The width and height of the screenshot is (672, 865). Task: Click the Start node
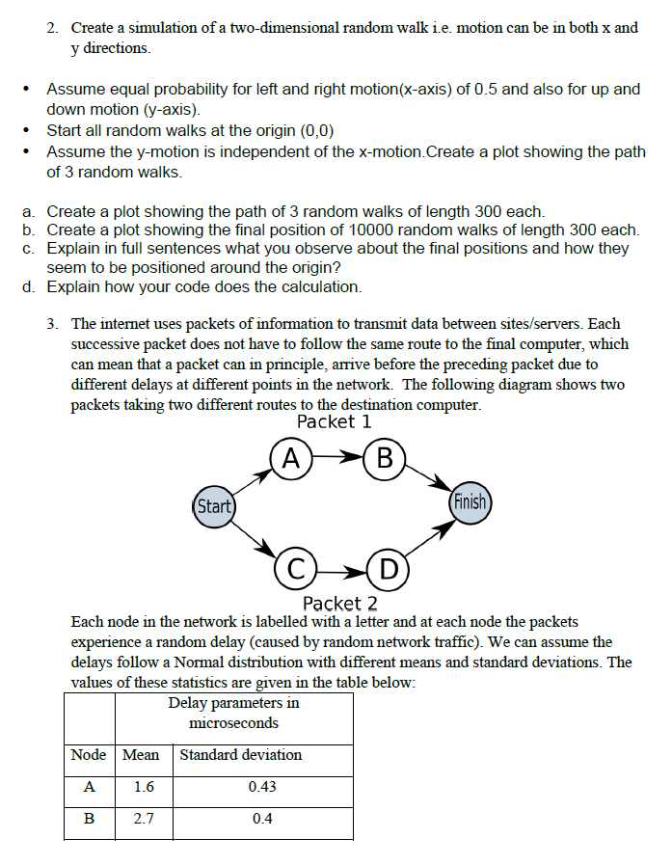213,506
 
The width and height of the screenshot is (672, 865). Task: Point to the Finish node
470,503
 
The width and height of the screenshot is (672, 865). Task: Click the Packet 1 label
335,422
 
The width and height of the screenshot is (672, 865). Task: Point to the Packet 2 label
339,604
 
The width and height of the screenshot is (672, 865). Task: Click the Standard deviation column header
241,755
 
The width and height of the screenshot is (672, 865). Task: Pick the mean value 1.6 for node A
143,787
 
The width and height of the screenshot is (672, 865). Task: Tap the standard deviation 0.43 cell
262,787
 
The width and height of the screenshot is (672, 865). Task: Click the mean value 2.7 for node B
143,820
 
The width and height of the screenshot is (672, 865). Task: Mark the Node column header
89,755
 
